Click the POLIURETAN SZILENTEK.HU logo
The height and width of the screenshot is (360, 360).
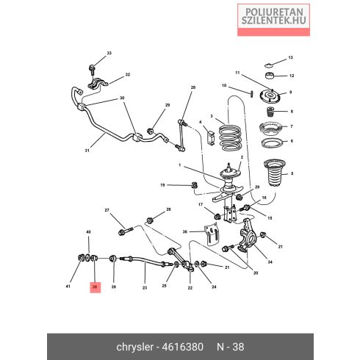(273, 20)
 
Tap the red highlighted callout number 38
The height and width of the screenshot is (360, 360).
(95, 287)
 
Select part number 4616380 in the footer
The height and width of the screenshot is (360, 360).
(183, 347)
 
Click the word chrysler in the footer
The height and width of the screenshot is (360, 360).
(134, 347)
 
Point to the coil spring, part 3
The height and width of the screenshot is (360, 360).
(230, 138)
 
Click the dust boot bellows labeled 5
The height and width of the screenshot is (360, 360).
(274, 173)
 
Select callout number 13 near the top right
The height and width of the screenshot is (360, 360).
(290, 58)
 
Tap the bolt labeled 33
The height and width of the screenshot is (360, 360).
(92, 70)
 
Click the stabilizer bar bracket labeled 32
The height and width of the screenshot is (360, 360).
(98, 84)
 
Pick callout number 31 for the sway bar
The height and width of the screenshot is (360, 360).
(87, 151)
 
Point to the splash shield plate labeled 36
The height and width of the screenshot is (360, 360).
(211, 234)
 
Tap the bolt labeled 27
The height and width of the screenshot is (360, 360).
(126, 231)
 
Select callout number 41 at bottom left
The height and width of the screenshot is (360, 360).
(68, 286)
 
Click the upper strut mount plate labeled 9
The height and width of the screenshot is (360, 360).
(270, 96)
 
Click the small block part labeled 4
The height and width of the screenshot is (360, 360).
(210, 138)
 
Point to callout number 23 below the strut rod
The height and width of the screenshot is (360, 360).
(145, 288)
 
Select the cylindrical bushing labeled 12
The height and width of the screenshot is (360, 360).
(270, 75)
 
